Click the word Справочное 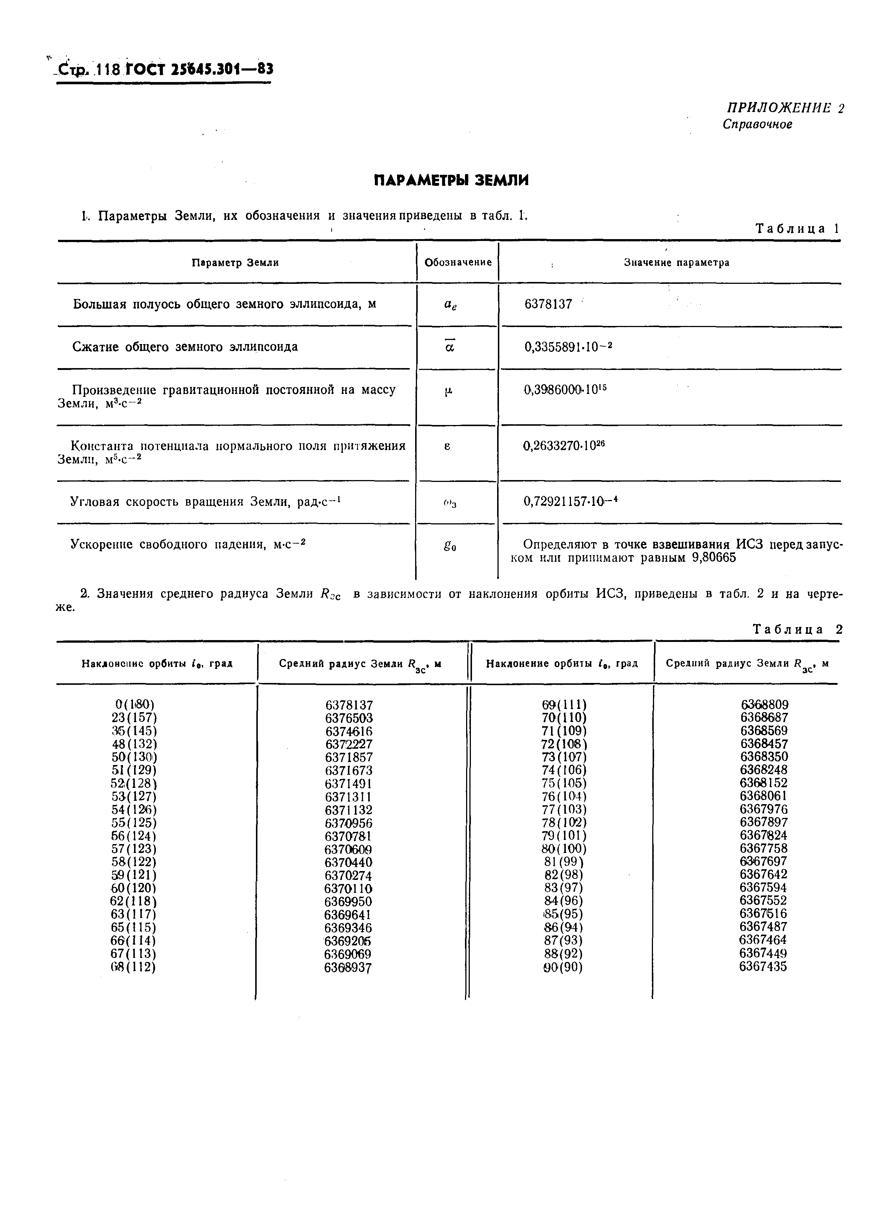coord(757,125)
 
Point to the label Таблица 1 coord(797,228)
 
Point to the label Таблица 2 coord(797,629)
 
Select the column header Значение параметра coord(676,263)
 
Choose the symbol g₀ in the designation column coord(450,546)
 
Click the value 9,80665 coord(714,558)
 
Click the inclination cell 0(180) coord(134,704)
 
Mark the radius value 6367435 coord(763,966)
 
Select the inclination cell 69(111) coord(564,705)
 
